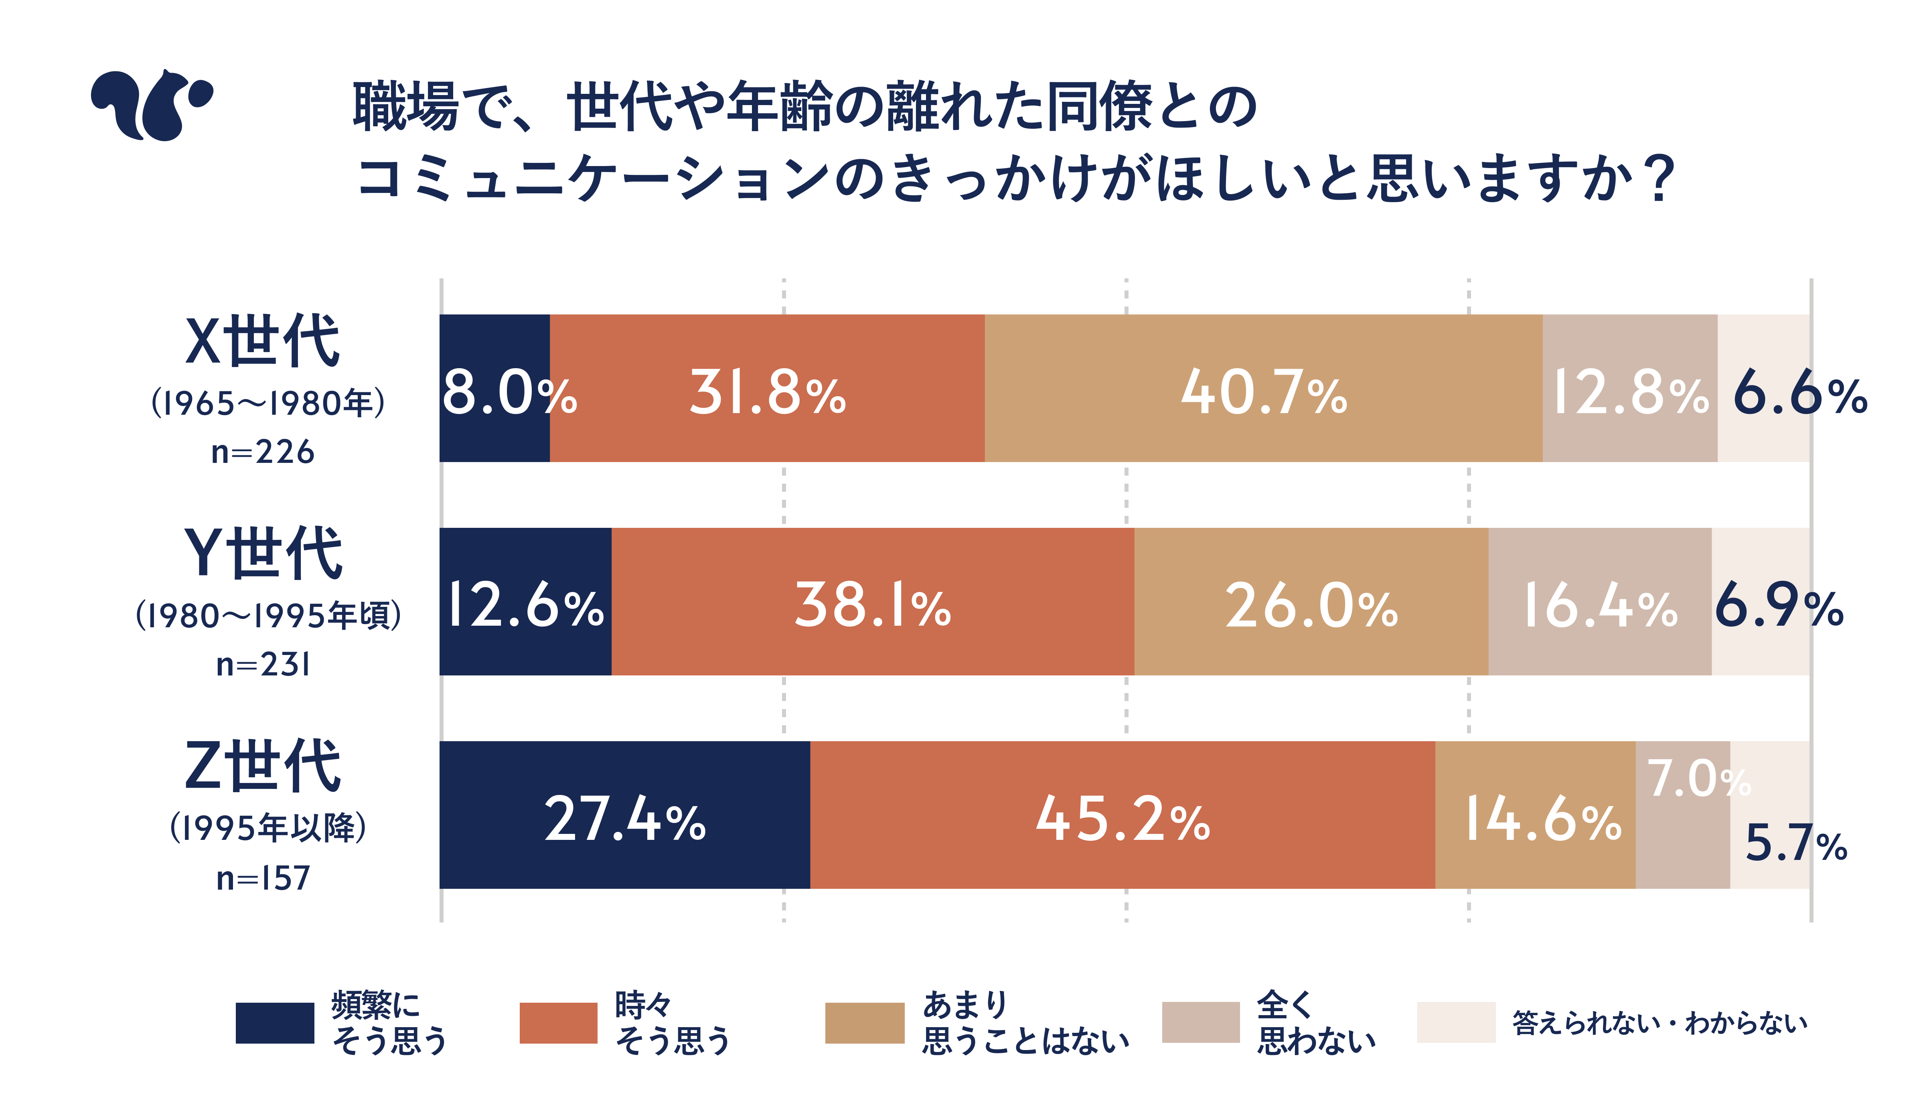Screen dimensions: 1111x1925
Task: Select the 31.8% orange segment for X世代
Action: tap(767, 393)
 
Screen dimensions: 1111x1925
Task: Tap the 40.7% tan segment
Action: tap(1264, 393)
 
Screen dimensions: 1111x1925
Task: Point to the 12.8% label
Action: tap(1630, 393)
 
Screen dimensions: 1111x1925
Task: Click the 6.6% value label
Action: tap(1799, 395)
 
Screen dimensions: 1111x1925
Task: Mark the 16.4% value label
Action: tap(1600, 606)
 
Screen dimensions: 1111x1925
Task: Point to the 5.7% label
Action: tap(1795, 843)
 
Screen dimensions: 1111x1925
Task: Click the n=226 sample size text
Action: tap(262, 452)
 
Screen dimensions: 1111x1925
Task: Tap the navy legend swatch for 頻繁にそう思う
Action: tap(275, 1022)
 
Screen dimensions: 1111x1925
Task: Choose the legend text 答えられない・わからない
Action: tap(1660, 1022)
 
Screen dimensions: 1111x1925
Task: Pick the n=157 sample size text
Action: tap(262, 878)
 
